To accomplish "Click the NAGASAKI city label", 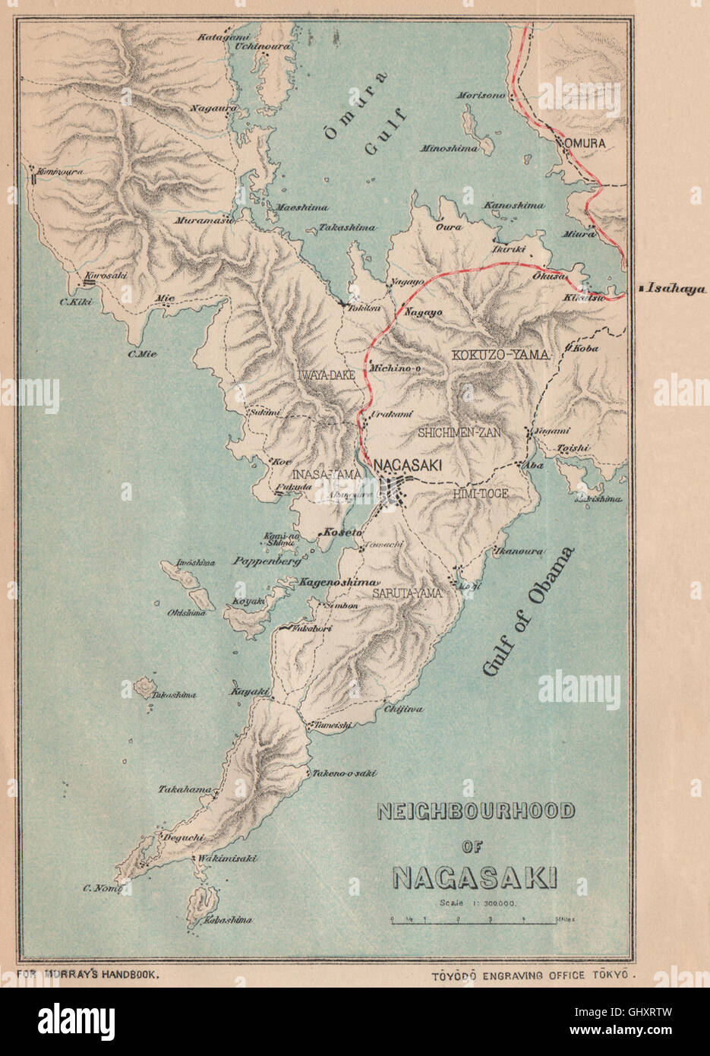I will (x=405, y=465).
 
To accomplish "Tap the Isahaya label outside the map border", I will (x=675, y=289).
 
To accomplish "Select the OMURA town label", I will (x=583, y=143).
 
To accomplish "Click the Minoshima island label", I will (x=450, y=149).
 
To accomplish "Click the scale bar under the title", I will (x=481, y=919).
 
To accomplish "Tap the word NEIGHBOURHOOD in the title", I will (x=476, y=811).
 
